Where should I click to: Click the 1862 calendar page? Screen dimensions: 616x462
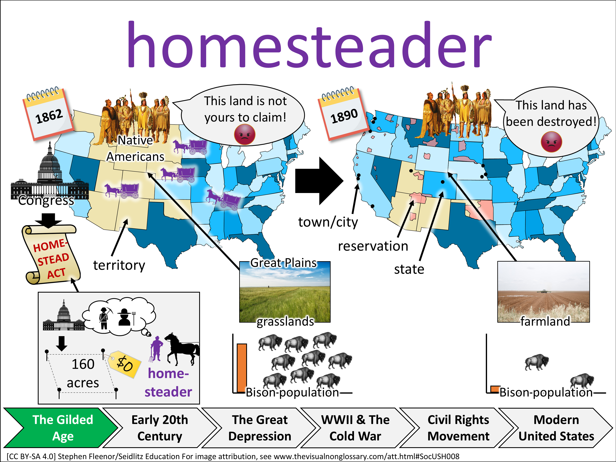tap(48, 113)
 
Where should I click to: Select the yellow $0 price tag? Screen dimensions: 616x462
tap(124, 364)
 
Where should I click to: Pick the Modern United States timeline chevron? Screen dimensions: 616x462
tap(556, 428)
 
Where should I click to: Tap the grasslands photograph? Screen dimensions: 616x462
tap(285, 292)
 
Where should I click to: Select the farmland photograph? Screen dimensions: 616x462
tap(543, 292)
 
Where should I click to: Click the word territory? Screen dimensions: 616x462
tap(119, 265)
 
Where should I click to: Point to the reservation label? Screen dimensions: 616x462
tap(373, 246)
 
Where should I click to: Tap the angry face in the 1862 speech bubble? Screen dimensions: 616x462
tap(245, 134)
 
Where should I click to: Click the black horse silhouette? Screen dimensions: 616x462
tap(182, 349)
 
